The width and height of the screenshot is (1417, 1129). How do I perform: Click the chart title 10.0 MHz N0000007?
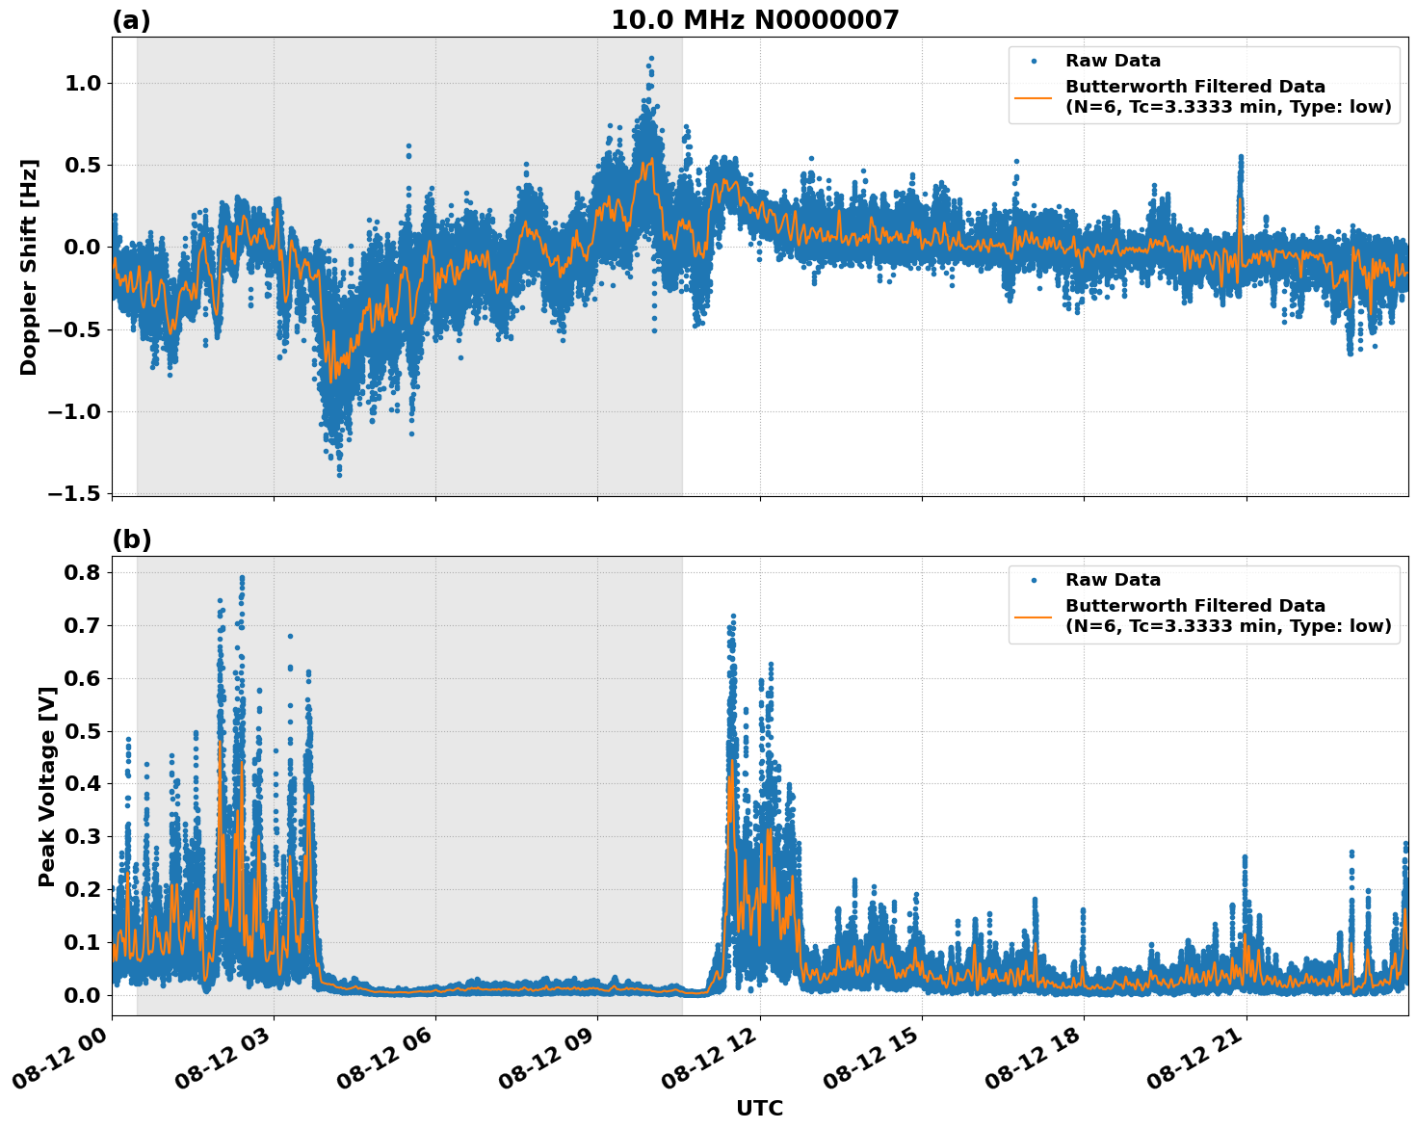click(754, 20)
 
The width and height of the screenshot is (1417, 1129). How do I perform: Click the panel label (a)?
click(131, 20)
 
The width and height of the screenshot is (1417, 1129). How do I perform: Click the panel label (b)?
click(131, 539)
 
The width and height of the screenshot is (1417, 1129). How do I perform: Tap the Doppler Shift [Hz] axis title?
click(29, 267)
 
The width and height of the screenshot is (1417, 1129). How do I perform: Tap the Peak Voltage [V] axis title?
click(46, 786)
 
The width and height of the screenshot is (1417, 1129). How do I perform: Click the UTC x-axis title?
click(759, 1109)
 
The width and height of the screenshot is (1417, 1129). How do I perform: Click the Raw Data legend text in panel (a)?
click(1113, 62)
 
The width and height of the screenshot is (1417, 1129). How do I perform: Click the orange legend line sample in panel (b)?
click(1033, 617)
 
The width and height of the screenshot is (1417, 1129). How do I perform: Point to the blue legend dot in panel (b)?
click(1034, 581)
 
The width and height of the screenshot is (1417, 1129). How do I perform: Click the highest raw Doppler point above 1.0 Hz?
click(651, 58)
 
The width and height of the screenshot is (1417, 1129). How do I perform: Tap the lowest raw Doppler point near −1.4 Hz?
click(339, 474)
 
